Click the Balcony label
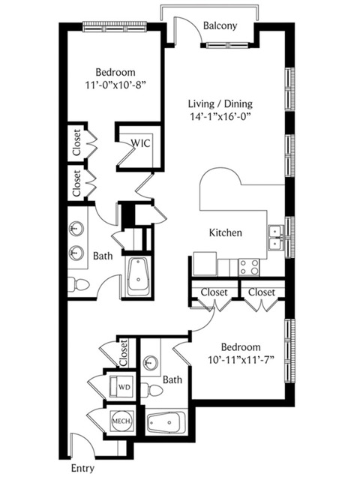(x=220, y=25)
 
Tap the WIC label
(x=141, y=143)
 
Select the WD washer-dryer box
(x=121, y=386)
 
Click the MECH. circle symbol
(x=121, y=421)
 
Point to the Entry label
(x=82, y=468)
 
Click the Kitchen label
(x=226, y=232)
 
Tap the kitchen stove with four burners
(x=249, y=267)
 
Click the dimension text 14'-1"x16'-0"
(x=220, y=117)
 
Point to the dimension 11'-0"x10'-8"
(x=115, y=85)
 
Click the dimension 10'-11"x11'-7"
(x=241, y=359)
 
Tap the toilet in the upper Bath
(x=78, y=284)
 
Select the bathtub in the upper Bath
(x=138, y=277)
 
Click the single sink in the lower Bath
(x=150, y=363)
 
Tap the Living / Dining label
(x=220, y=104)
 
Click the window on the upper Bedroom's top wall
(x=115, y=26)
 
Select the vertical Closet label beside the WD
(x=123, y=352)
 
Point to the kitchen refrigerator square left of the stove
(x=205, y=264)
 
